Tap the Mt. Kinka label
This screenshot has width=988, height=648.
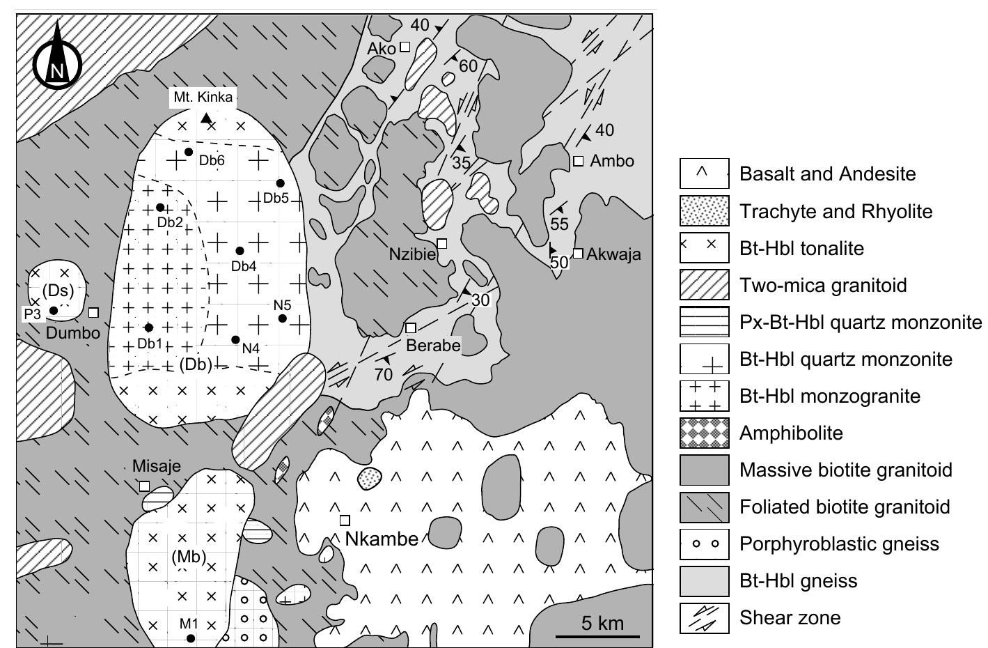click(203, 97)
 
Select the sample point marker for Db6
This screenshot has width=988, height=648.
click(188, 152)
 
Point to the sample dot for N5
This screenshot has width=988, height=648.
click(282, 318)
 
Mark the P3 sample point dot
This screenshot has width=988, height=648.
click(54, 311)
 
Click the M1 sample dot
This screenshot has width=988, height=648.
click(191, 638)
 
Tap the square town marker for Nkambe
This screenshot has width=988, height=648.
click(345, 520)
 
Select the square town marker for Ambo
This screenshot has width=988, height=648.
click(578, 162)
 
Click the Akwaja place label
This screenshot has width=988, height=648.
click(613, 254)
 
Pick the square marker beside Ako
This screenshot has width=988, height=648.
click(405, 47)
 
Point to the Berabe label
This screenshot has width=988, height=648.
click(434, 345)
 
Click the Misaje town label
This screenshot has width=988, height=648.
click(157, 466)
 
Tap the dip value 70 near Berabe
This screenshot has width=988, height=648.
click(383, 374)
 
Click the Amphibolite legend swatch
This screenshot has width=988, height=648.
click(704, 433)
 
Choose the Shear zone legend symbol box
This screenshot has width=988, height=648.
click(704, 617)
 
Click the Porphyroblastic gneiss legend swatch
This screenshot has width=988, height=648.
click(704, 543)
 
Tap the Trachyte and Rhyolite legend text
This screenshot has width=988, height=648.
click(836, 211)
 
